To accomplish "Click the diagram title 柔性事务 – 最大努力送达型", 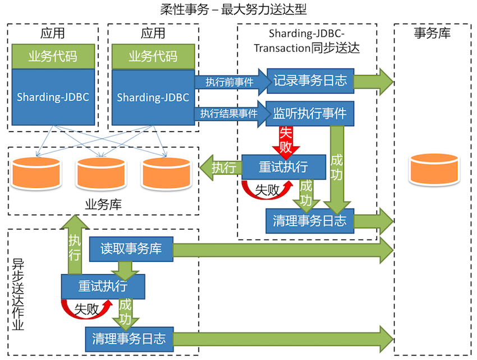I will (x=238, y=10).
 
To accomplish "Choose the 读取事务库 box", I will (x=131, y=248).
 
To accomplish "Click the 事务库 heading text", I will (x=432, y=33).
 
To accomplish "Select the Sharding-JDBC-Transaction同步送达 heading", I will (x=306, y=40).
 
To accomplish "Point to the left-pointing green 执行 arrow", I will (x=220, y=167).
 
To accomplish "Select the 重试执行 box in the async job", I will (x=103, y=286).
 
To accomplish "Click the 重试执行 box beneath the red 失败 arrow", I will (x=283, y=167).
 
